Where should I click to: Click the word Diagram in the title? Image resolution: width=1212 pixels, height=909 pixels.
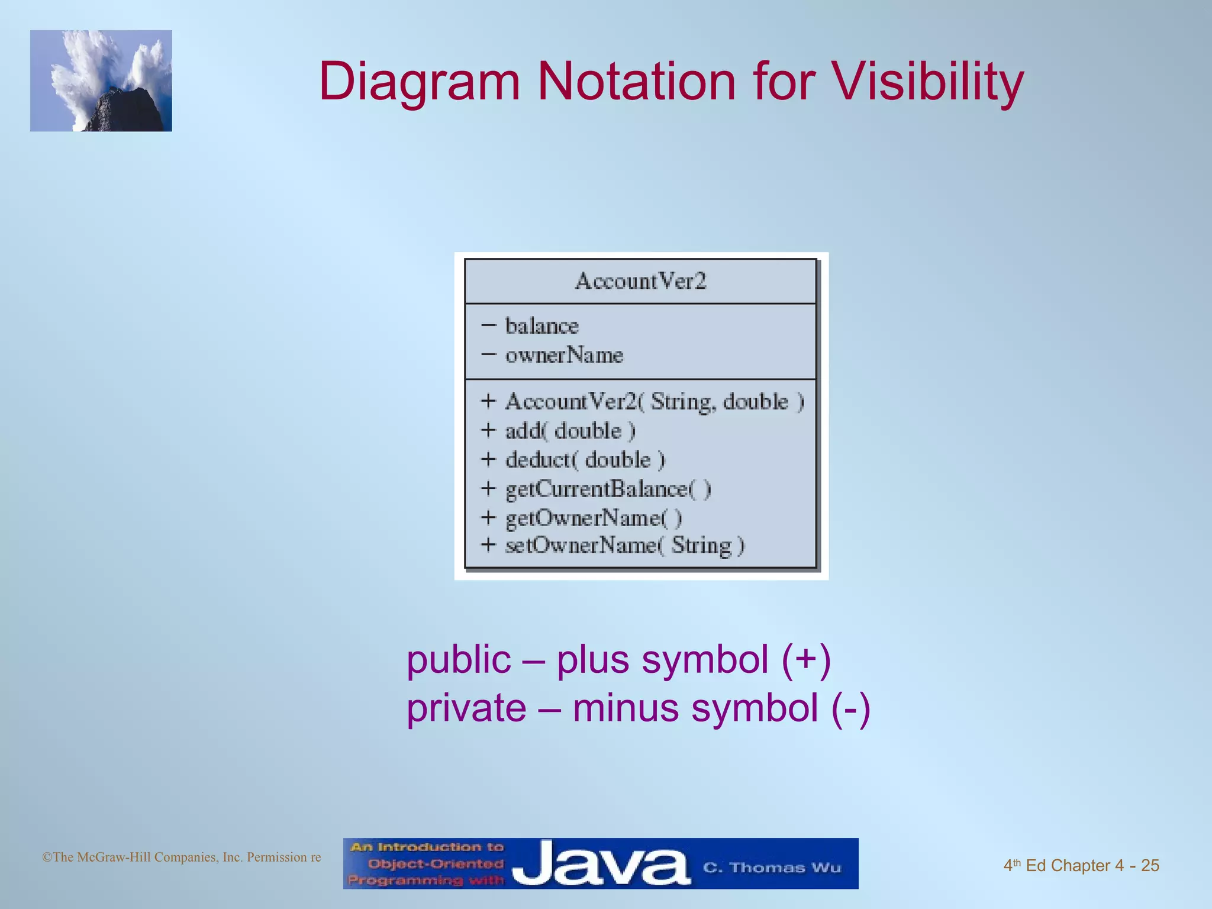[x=419, y=83]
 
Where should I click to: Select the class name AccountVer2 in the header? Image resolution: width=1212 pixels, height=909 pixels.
[x=640, y=281]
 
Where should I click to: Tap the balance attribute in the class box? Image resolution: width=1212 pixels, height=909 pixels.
[x=541, y=326]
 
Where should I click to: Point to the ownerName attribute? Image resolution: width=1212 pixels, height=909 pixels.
[x=564, y=355]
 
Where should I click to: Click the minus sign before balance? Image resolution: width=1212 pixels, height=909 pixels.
[x=488, y=325]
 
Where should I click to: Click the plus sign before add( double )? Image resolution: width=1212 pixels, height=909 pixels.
[x=488, y=430]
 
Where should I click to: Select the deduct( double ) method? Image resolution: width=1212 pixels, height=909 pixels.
[x=585, y=460]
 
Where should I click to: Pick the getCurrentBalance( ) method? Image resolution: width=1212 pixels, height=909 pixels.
[x=608, y=489]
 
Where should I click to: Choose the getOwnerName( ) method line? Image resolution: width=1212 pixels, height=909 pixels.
[x=593, y=518]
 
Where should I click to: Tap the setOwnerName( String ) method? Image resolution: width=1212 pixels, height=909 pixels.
[x=624, y=545]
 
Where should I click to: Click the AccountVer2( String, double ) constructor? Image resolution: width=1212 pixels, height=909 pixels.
[x=654, y=402]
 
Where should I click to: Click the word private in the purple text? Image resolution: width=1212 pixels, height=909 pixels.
[x=466, y=708]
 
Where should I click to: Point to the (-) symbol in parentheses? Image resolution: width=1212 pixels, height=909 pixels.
[x=850, y=708]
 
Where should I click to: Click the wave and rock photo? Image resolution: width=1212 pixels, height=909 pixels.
[x=101, y=81]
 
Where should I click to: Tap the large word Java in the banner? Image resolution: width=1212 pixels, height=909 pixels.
[x=600, y=865]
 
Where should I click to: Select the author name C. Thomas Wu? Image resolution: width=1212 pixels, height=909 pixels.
[x=772, y=868]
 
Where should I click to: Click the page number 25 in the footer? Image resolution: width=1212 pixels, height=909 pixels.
[x=1149, y=865]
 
